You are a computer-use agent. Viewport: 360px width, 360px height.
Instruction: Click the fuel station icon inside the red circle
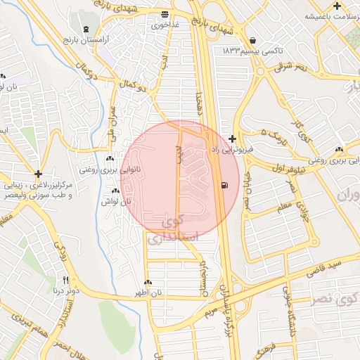[x=224, y=186]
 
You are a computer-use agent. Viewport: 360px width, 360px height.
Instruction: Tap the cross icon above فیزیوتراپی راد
[x=233, y=140]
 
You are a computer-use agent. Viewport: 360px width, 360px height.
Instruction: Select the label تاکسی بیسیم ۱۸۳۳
[x=244, y=52]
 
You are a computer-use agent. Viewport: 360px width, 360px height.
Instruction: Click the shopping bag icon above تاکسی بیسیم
[x=252, y=40]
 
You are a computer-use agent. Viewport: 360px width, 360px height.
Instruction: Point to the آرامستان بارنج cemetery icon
[x=86, y=30]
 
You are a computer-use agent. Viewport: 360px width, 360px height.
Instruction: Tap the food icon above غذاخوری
[x=165, y=14]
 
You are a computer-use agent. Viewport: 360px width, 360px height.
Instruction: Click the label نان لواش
[x=118, y=201]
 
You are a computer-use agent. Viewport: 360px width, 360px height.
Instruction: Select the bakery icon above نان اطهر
[x=148, y=283]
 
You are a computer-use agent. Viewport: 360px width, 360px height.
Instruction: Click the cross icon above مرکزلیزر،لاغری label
[x=38, y=173]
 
